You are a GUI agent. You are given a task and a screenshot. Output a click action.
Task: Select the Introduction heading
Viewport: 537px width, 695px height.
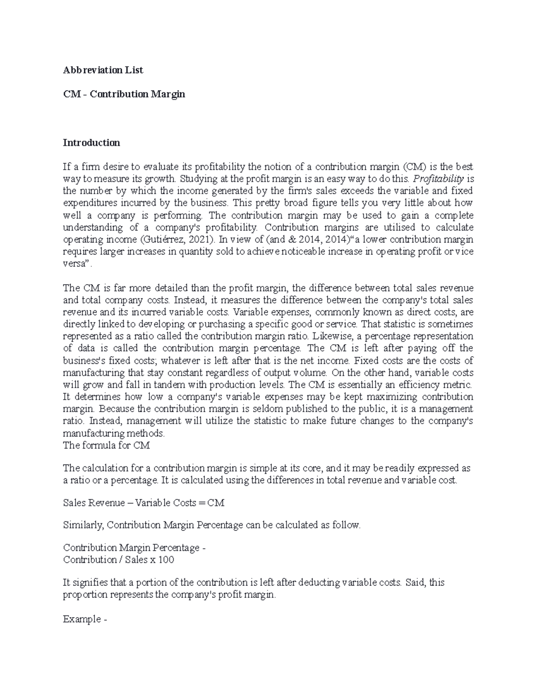(x=91, y=143)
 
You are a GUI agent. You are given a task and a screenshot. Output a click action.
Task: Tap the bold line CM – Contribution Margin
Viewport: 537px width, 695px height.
(x=124, y=94)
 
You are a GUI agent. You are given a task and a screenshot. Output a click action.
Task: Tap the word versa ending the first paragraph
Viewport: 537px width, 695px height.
(x=74, y=264)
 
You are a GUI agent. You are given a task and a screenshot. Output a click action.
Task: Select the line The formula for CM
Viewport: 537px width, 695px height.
(x=107, y=445)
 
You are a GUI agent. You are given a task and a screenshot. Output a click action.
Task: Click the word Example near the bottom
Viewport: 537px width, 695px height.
(x=82, y=619)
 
